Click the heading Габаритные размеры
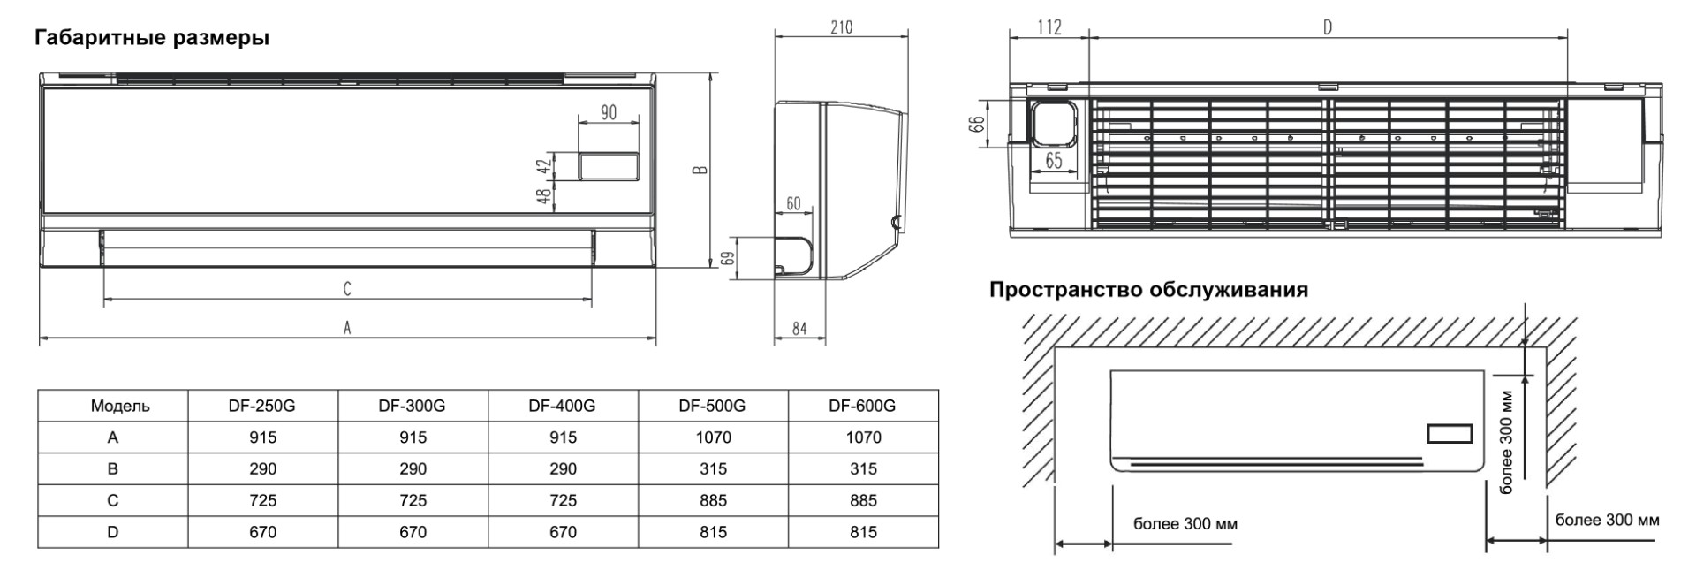152,38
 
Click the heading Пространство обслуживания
1148,290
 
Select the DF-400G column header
563,406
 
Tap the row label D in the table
113,532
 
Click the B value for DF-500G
713,468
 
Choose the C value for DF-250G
262,500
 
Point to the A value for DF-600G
863,437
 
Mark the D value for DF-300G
413,532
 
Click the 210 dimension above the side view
842,27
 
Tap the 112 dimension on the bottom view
1049,27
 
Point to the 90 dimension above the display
609,113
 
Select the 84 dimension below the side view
799,329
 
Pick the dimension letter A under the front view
348,328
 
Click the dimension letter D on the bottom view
1328,27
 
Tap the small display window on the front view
609,166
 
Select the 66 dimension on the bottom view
978,124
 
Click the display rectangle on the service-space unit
1450,434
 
